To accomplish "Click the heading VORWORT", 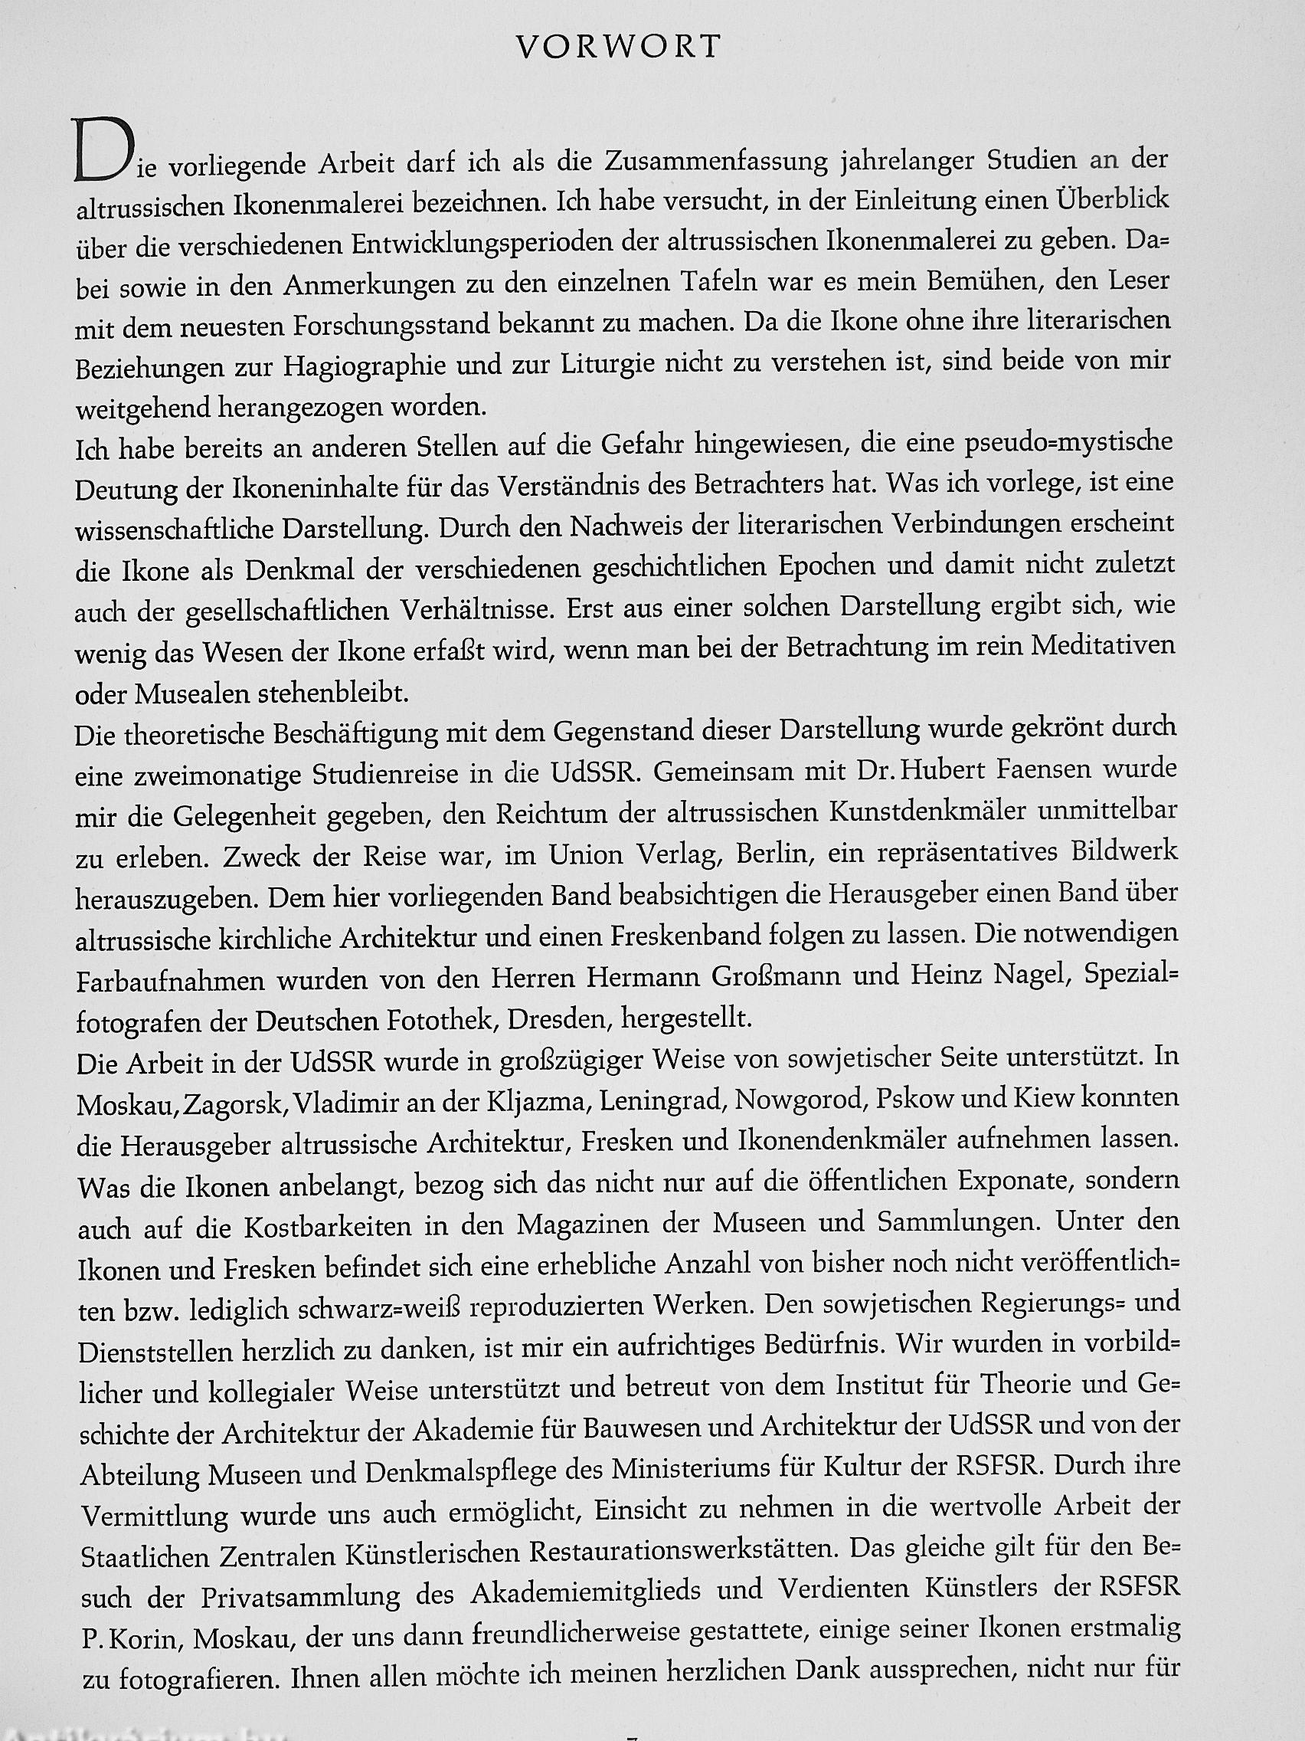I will [x=617, y=48].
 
